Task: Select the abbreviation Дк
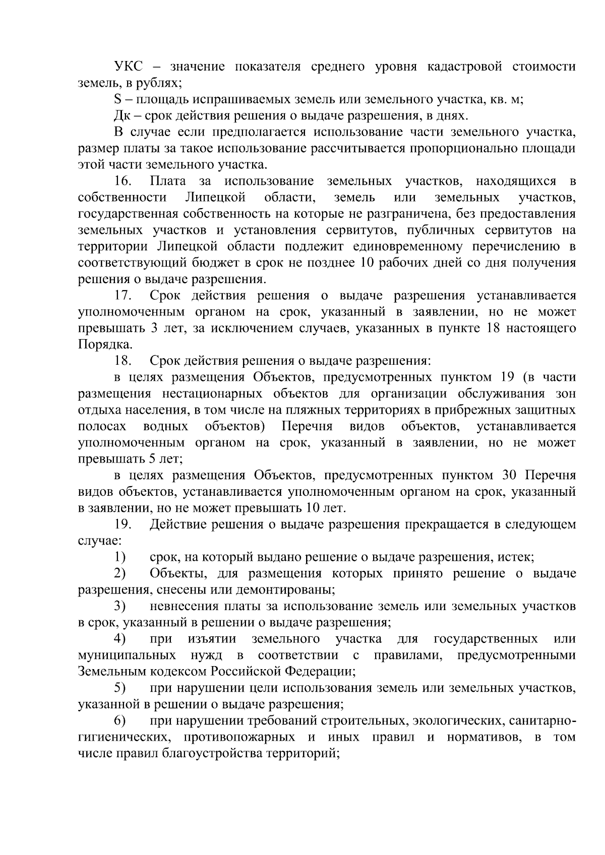click(x=122, y=116)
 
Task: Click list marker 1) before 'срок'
click(x=119, y=557)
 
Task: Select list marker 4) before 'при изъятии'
click(x=119, y=639)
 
